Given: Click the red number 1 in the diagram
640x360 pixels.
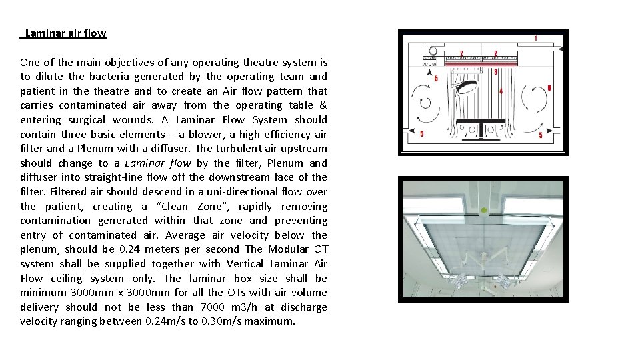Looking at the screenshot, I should pyautogui.click(x=535, y=39).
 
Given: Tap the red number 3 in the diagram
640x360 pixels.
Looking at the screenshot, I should pyautogui.click(x=495, y=71).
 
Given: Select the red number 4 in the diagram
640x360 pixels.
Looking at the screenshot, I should pyautogui.click(x=501, y=91).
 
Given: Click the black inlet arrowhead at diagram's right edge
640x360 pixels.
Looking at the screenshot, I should pyautogui.click(x=561, y=49).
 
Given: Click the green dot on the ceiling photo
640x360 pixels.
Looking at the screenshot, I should pyautogui.click(x=485, y=211).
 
